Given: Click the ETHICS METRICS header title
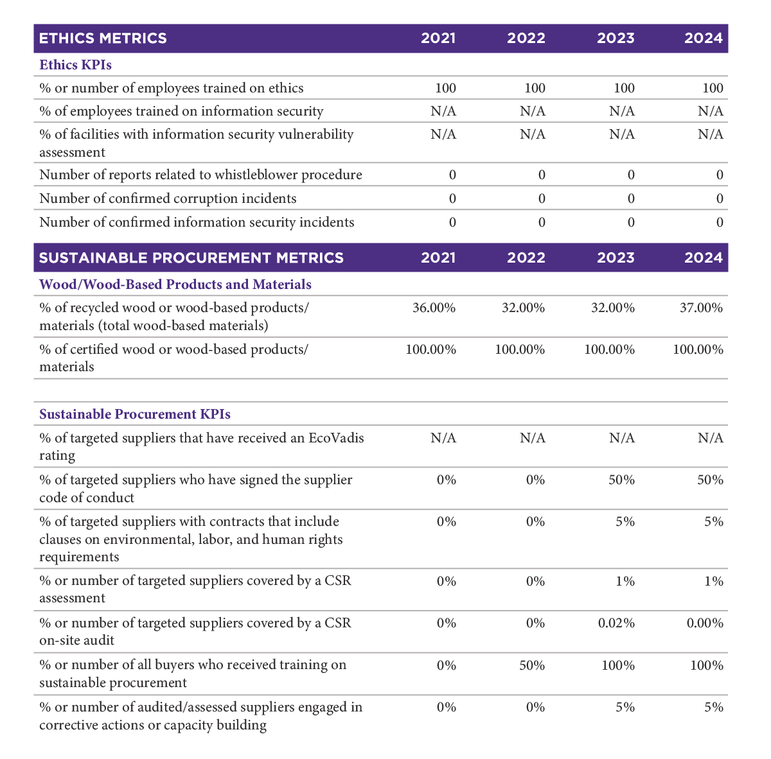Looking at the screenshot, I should [x=103, y=39].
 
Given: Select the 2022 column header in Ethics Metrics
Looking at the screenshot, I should [x=526, y=39].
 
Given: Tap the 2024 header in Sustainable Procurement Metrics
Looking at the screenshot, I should [x=703, y=258].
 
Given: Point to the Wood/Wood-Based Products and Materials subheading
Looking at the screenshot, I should [x=175, y=284].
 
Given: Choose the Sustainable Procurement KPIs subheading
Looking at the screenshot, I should [x=135, y=414].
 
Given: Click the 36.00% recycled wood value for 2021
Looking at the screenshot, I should [x=434, y=308].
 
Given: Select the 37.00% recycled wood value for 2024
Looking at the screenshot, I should [x=701, y=308].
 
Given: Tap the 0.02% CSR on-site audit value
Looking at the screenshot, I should [x=616, y=624].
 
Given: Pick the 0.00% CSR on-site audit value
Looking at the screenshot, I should [x=705, y=624].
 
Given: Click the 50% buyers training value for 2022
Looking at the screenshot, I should [x=532, y=666].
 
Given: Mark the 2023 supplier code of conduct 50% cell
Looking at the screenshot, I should [x=621, y=480].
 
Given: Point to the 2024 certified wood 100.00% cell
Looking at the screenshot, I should [x=698, y=350].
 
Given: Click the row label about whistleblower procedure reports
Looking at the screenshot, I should [x=200, y=175].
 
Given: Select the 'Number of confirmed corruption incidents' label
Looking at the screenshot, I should [x=168, y=199].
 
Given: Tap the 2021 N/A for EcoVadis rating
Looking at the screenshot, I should [x=443, y=438].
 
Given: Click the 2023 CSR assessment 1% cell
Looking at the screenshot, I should [x=625, y=582].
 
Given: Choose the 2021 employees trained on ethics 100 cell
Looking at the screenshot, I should [x=445, y=89].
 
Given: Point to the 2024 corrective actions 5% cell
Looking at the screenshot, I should [x=714, y=708].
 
